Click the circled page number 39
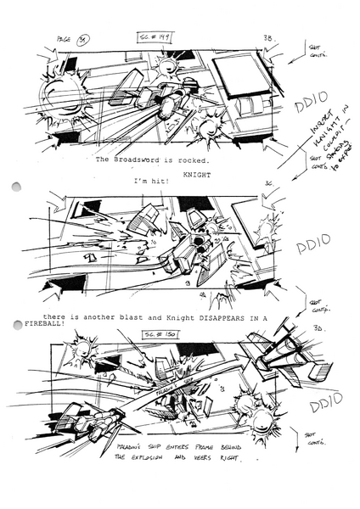[84, 38]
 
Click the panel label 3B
[267, 38]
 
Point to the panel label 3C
[268, 183]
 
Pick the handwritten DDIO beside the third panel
[326, 405]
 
